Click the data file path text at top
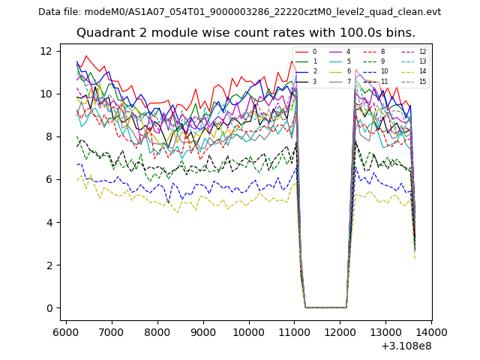[x=239, y=12]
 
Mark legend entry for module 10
[x=384, y=71]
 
